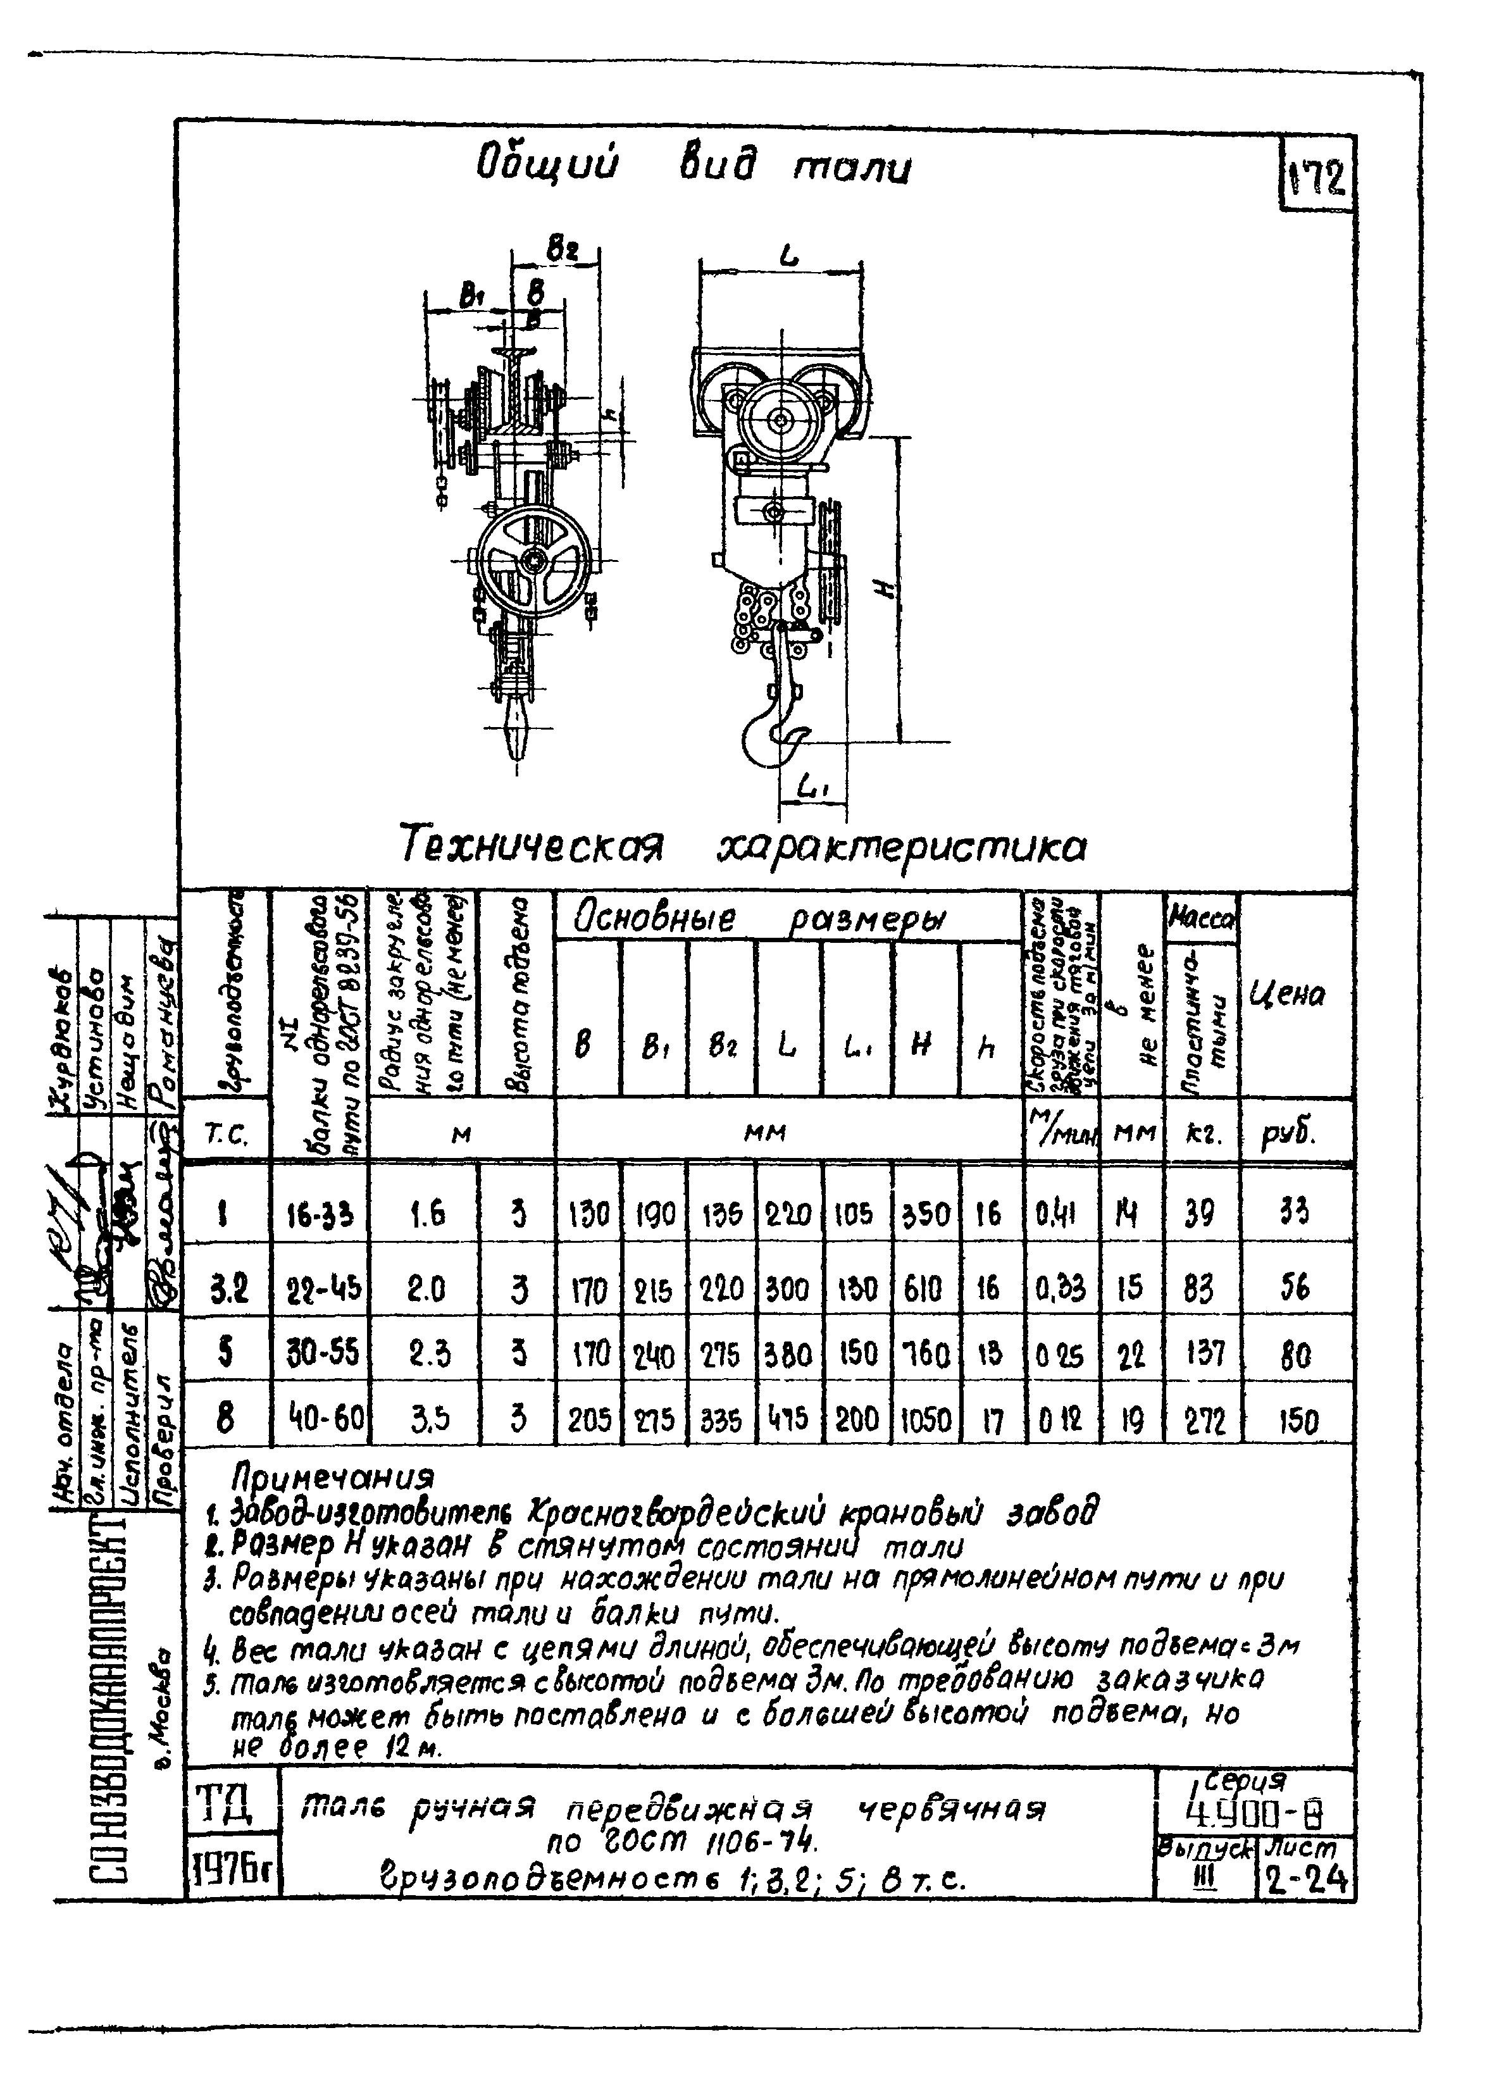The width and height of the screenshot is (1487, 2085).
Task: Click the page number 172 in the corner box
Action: tap(1317, 180)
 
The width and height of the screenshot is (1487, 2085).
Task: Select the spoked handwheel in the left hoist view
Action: tap(531, 561)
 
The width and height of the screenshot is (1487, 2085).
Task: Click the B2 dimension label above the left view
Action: tap(561, 248)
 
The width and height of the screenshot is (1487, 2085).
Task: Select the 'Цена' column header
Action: tap(1286, 995)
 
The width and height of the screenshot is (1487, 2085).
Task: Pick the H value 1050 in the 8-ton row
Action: tap(925, 1419)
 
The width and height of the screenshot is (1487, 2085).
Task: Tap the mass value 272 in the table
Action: tap(1202, 1419)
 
